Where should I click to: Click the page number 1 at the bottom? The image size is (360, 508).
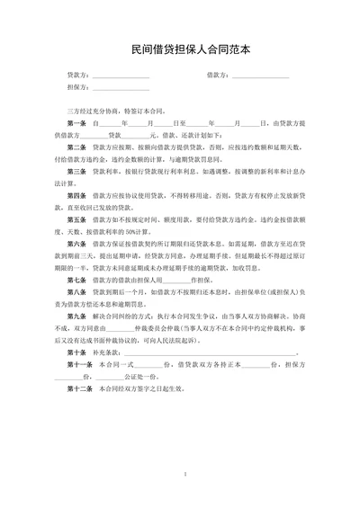[x=184, y=474]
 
